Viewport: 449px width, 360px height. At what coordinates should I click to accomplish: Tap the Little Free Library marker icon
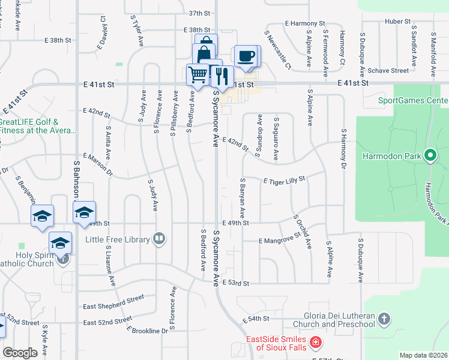point(159,239)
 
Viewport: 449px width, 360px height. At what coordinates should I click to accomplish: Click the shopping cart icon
point(197,75)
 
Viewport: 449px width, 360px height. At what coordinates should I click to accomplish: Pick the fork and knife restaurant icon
point(222,76)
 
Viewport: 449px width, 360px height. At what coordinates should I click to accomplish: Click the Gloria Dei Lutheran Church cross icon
point(384,319)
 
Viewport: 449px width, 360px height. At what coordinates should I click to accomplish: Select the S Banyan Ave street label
point(243,197)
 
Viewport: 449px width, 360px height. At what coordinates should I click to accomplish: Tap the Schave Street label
point(389,70)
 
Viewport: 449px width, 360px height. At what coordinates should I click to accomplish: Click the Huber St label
point(397,22)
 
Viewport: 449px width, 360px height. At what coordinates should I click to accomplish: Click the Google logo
point(20,353)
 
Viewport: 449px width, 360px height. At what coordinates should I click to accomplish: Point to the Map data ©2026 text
point(423,355)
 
